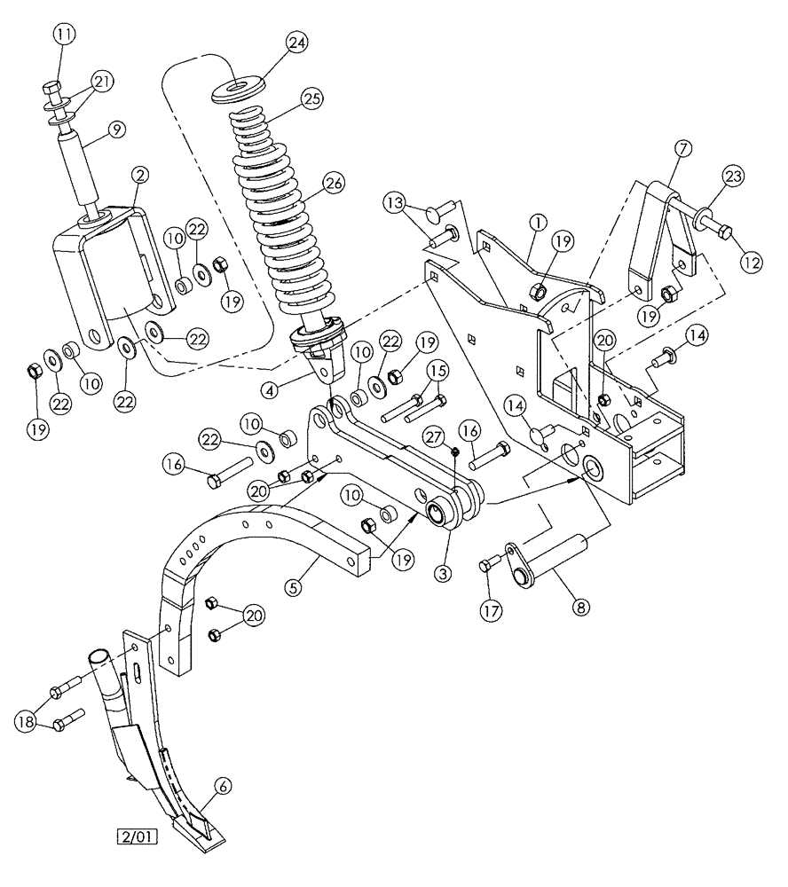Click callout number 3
445,571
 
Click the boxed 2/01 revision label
134,836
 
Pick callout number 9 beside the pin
114,130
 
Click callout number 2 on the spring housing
139,175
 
